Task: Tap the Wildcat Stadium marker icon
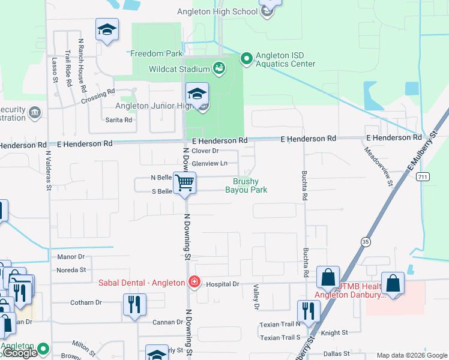[x=219, y=67]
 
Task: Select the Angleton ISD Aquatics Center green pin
[x=246, y=58]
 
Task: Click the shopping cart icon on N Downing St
[x=185, y=181]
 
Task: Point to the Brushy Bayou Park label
[x=246, y=185]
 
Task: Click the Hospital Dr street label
[x=223, y=283]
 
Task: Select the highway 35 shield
[x=365, y=241]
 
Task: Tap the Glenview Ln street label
[x=209, y=163]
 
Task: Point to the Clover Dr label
[x=205, y=151]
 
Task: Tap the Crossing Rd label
[x=98, y=97]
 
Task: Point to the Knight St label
[x=335, y=332]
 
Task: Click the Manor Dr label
[x=71, y=257]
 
